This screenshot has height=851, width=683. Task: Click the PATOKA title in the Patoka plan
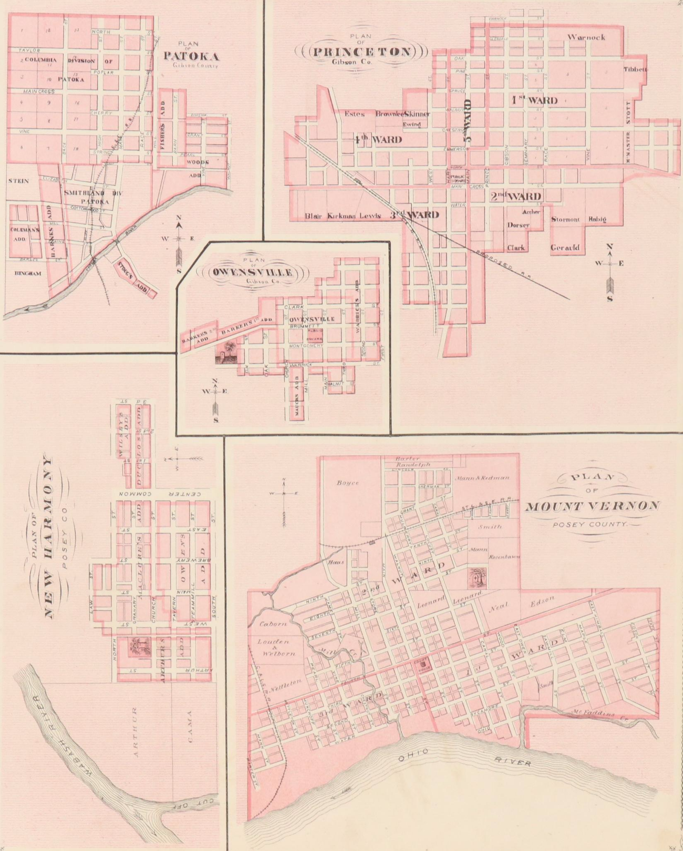click(191, 56)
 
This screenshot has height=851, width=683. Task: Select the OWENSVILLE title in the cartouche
click(253, 273)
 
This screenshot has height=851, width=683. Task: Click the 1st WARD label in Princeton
click(534, 100)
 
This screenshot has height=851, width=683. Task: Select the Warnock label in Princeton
click(586, 37)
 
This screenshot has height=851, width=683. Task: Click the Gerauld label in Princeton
click(565, 248)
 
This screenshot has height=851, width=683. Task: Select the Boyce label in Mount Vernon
click(347, 483)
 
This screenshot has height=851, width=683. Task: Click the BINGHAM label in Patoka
click(28, 273)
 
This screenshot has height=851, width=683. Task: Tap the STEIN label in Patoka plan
click(19, 181)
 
